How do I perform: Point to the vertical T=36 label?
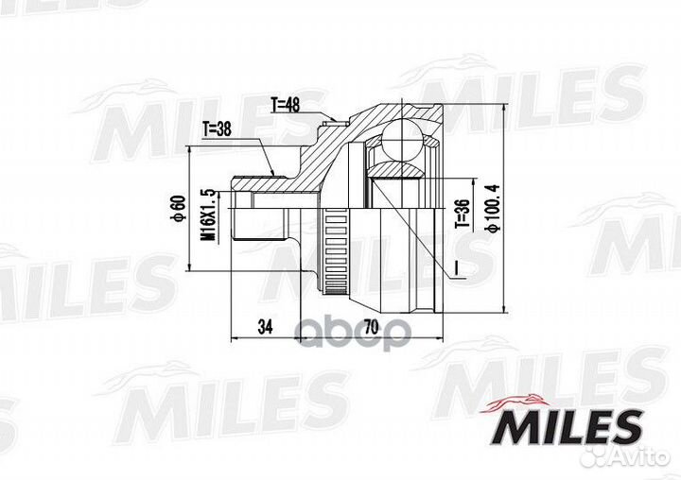click(x=463, y=215)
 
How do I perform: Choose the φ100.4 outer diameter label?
click(x=491, y=210)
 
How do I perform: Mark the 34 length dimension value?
click(x=265, y=327)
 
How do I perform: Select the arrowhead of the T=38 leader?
click(x=273, y=173)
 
